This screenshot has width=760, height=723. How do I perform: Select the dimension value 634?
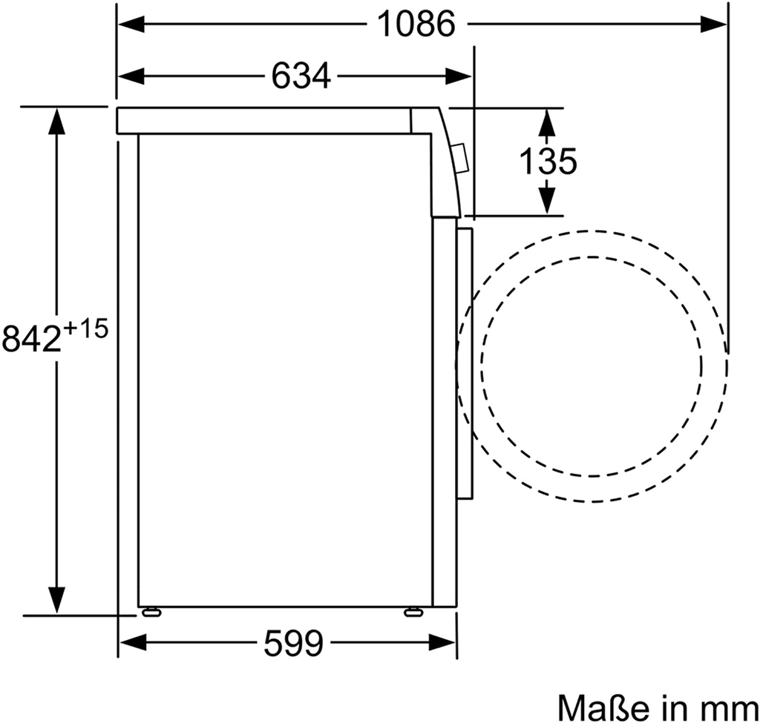[301, 75]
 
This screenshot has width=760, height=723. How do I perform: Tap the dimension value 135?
[547, 161]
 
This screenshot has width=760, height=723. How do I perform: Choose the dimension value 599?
[294, 644]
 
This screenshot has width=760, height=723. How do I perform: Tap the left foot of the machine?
[151, 612]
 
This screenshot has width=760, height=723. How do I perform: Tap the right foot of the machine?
[412, 612]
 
